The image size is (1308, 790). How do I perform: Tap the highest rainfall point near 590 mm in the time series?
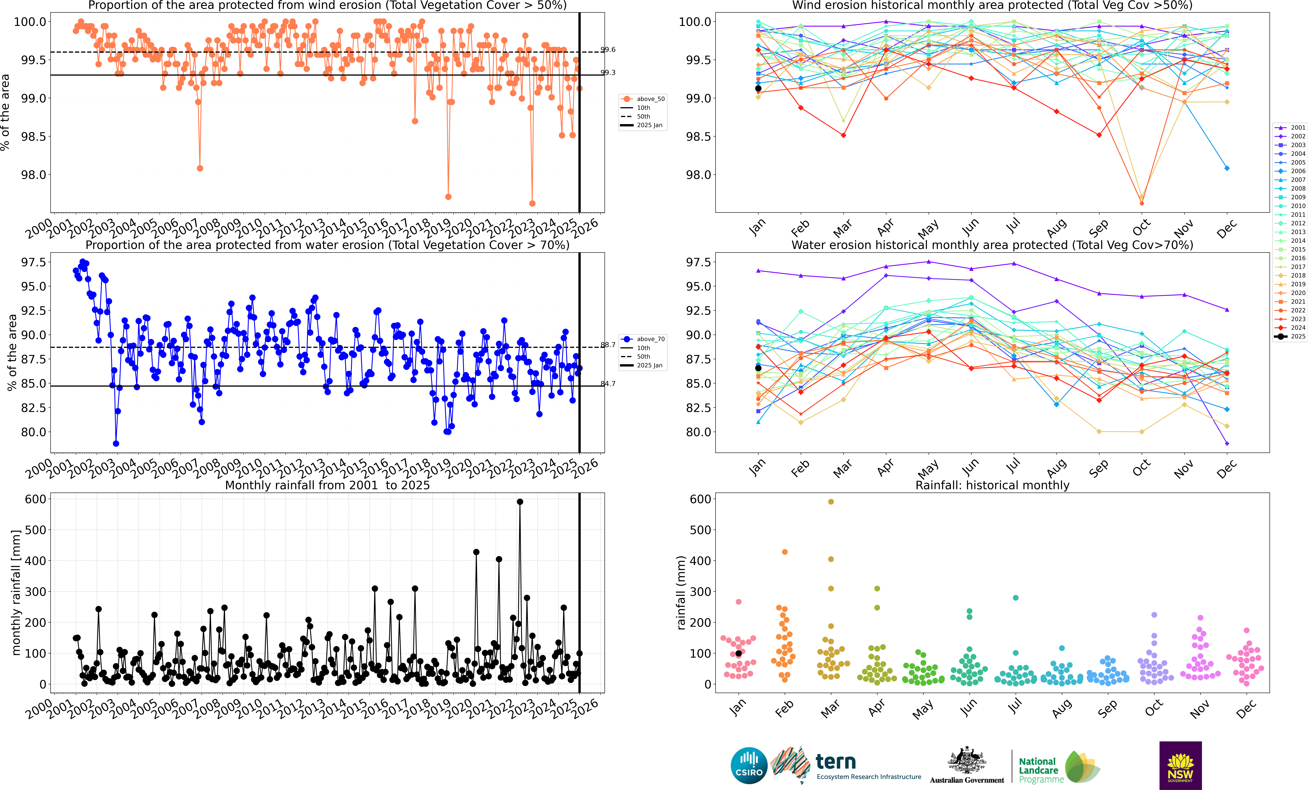(520, 502)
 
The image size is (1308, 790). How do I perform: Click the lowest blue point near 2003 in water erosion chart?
(116, 444)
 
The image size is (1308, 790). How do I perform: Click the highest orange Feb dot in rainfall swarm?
(785, 552)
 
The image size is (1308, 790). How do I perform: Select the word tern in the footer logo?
(836, 762)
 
